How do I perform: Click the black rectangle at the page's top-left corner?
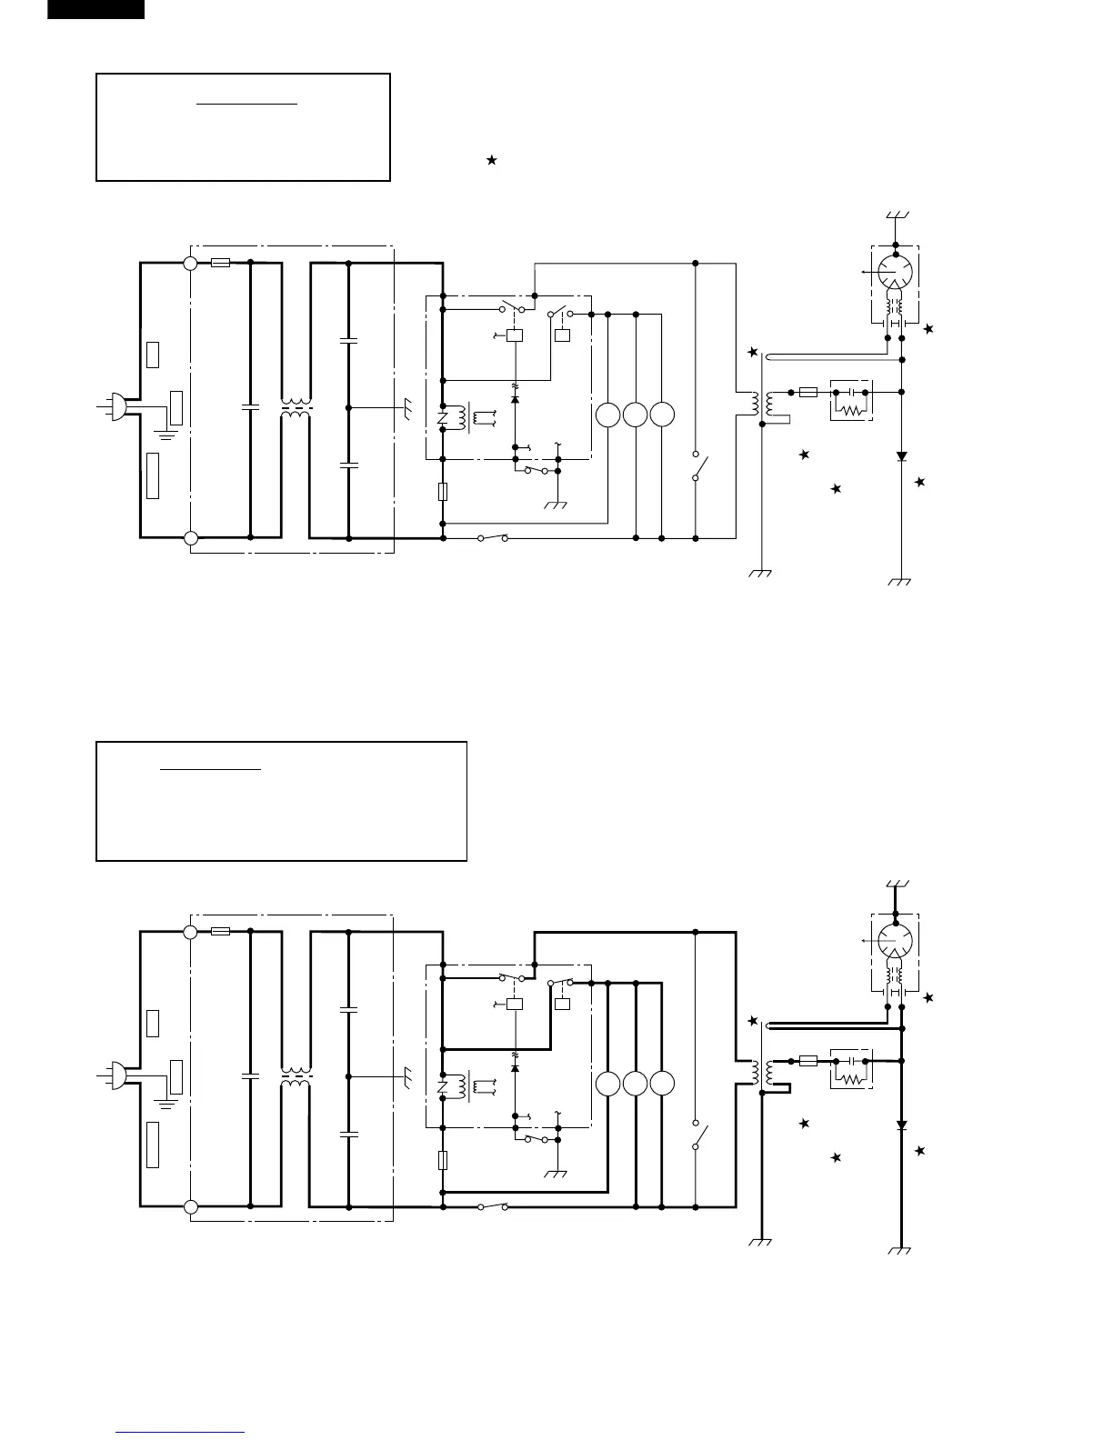click(95, 9)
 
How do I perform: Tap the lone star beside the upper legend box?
click(492, 160)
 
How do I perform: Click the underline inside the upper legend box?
click(247, 105)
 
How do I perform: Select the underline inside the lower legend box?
click(211, 770)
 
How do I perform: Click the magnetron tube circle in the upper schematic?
click(896, 270)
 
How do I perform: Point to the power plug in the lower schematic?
click(119, 1075)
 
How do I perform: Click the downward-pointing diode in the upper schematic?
click(901, 456)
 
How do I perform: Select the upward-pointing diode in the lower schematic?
click(516, 1067)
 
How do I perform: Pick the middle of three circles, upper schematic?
click(636, 415)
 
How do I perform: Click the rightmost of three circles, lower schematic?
click(663, 1084)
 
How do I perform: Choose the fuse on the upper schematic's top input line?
click(219, 264)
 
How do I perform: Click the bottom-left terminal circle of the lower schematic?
click(190, 1207)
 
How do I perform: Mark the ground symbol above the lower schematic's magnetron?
click(896, 885)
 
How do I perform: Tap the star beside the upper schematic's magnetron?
click(927, 329)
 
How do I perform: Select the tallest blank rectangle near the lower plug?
click(153, 1145)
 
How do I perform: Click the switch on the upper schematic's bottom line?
click(492, 538)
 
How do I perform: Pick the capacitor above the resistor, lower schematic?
click(852, 1060)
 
